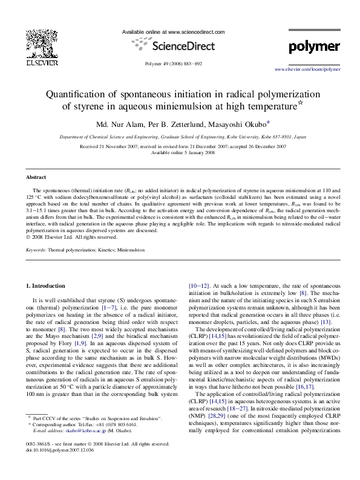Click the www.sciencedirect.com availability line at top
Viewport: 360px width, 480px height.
(x=173, y=31)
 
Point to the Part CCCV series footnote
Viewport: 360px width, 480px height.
(x=97, y=435)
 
